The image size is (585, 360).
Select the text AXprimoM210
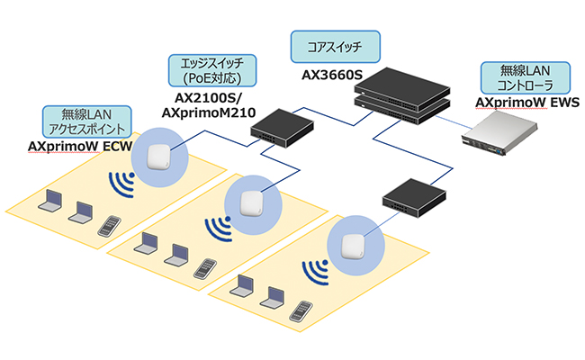[x=209, y=113]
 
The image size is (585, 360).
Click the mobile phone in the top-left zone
[x=109, y=223]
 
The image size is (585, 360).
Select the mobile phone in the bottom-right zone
[x=303, y=305]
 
